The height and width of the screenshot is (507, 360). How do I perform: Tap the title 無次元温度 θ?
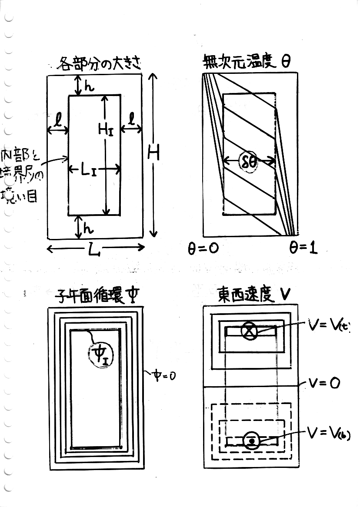pos(247,63)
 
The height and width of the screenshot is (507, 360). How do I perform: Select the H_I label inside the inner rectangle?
pos(105,128)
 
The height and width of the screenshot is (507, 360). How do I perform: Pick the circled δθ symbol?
pos(248,162)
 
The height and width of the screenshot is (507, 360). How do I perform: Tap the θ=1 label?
pos(303,248)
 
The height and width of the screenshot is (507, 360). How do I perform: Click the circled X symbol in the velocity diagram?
pos(250,331)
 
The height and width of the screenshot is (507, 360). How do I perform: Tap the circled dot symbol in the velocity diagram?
pos(251,441)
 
